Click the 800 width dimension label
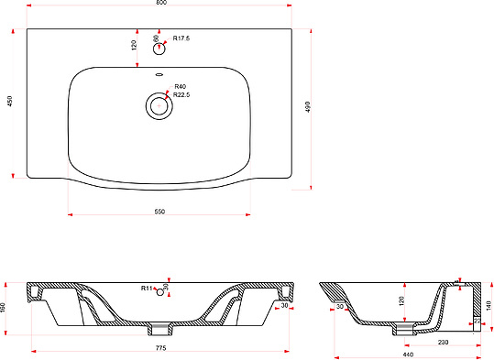[161, 2]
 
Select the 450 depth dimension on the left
[10, 101]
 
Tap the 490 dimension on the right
[308, 107]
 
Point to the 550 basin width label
[159, 212]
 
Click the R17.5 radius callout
[181, 38]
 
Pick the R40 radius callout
[181, 87]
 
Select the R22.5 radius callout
[181, 94]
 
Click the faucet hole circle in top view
[159, 49]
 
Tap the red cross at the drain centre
[159, 106]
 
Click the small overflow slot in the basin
[159, 74]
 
